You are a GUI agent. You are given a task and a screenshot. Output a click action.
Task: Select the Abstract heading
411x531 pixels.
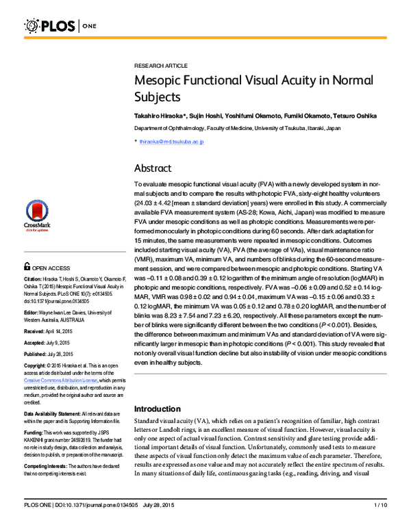[x=153, y=168]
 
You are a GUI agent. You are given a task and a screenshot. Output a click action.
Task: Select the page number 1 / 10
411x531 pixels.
[x=380, y=523]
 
